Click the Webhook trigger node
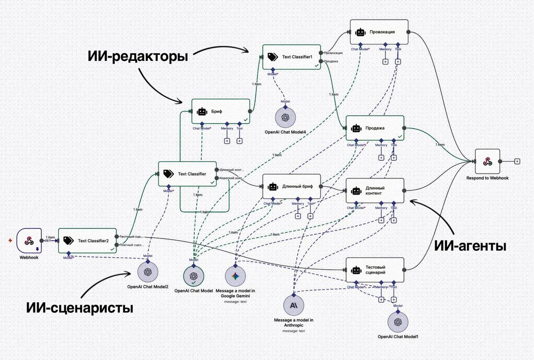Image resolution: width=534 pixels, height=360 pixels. click(29, 240)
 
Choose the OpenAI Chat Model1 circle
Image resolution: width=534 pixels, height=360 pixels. click(398, 322)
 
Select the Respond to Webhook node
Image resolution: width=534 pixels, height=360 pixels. click(487, 161)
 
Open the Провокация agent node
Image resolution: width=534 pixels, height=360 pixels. click(379, 32)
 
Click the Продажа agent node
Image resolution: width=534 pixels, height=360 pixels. click(375, 128)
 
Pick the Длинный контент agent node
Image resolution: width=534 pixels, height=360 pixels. click(375, 190)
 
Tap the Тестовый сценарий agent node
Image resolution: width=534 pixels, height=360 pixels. click(375, 270)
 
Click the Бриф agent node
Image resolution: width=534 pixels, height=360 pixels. click(221, 111)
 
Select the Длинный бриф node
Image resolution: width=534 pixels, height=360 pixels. click(291, 186)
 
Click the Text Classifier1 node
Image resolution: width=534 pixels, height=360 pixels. click(291, 57)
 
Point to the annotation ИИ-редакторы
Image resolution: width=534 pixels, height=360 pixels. click(138, 57)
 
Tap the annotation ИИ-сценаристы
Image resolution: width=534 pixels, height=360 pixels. click(80, 307)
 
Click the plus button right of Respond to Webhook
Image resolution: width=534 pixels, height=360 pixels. click(517, 161)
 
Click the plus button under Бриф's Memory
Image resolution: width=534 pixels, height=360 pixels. click(227, 141)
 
